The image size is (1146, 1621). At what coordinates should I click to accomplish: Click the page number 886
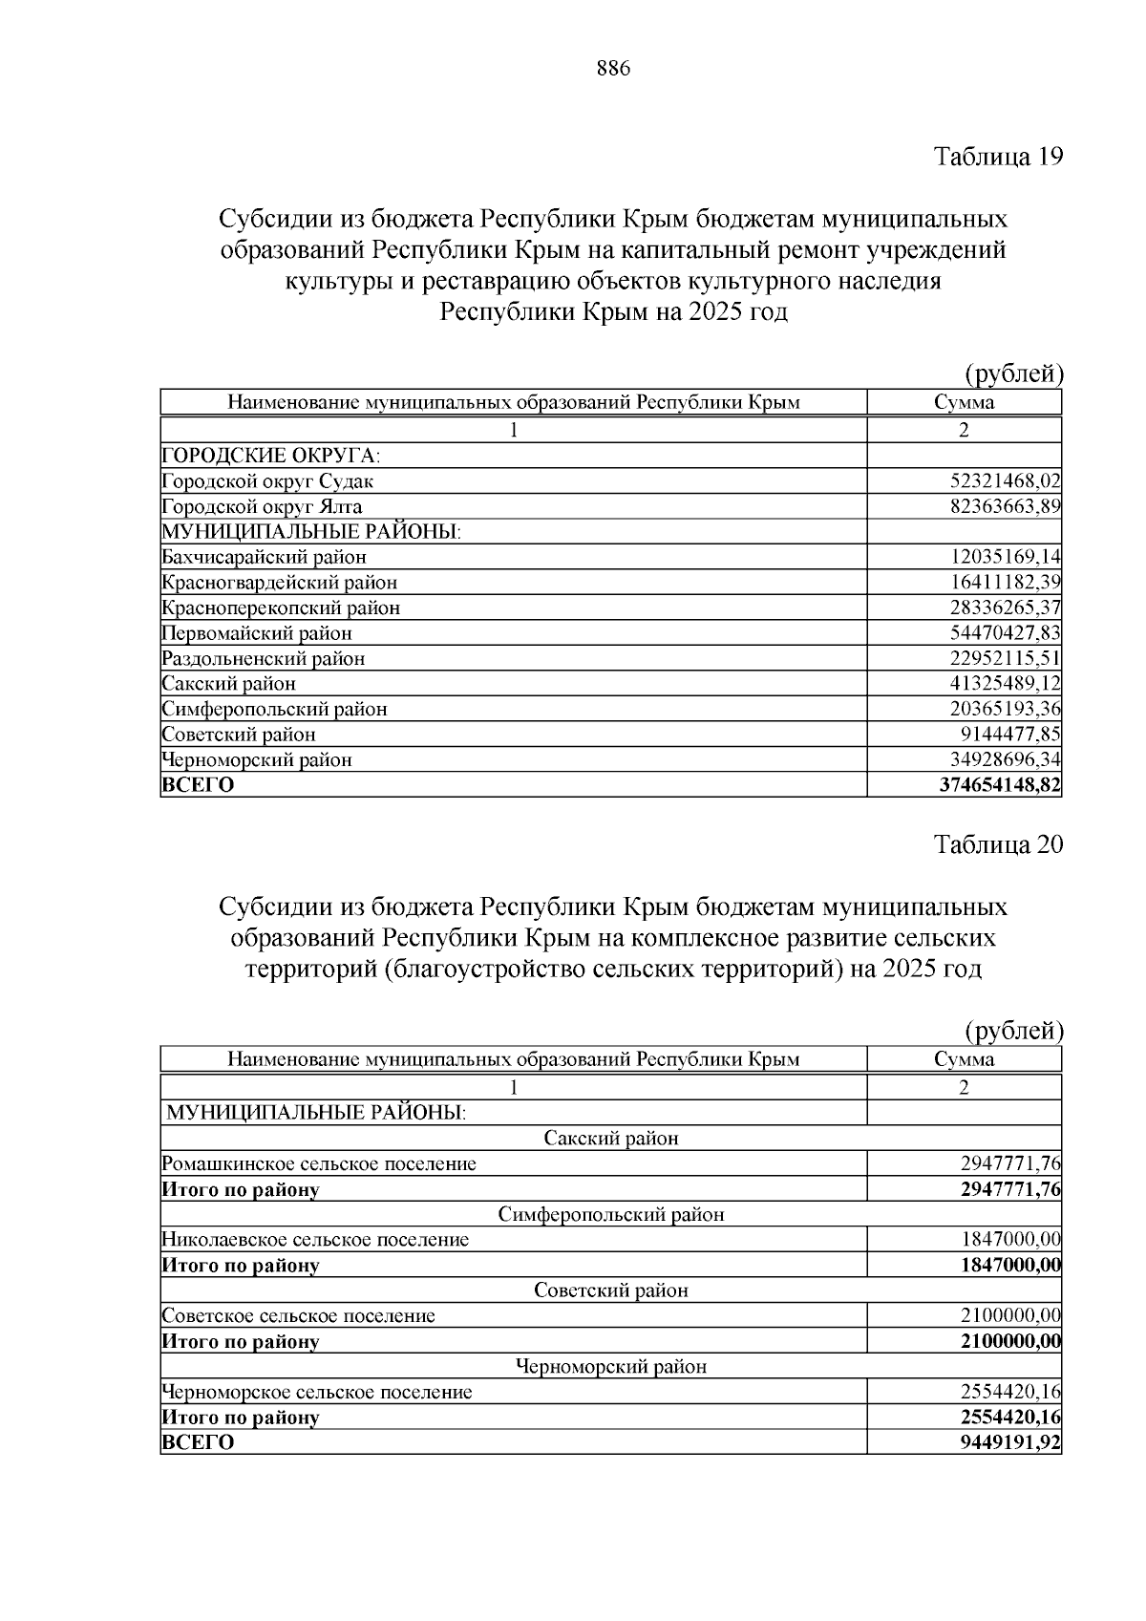pos(613,69)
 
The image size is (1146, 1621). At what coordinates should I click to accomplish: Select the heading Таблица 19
pos(998,156)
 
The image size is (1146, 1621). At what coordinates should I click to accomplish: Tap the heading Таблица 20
pos(998,843)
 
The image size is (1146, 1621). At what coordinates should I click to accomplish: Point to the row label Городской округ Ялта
pos(263,506)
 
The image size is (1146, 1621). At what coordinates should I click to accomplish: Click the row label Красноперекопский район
pos(281,608)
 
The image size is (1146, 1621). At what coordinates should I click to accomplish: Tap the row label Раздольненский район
pos(264,658)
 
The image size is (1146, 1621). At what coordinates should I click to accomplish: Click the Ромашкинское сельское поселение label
pos(319,1163)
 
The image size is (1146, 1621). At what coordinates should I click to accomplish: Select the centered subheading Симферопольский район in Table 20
pos(611,1214)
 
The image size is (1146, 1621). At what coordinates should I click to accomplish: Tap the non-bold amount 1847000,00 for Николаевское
pos(1010,1240)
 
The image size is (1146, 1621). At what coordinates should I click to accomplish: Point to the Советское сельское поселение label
pos(299,1315)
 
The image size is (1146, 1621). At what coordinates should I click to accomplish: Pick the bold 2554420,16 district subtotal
pos(1010,1417)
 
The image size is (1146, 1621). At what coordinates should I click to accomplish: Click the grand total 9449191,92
pos(1010,1442)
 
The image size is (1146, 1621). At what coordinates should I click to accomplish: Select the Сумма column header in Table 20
pos(964,1058)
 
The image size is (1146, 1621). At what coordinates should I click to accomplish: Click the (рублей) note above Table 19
pos(1012,373)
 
